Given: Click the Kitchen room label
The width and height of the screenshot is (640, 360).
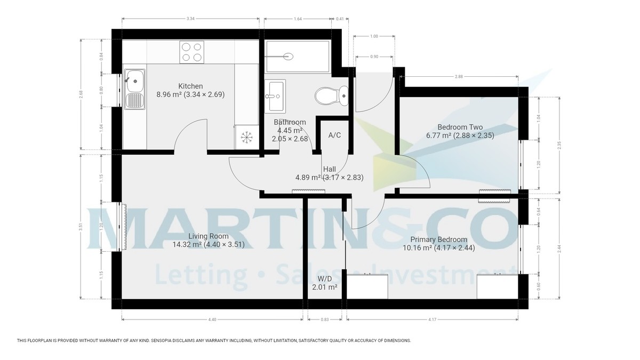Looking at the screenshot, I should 190,86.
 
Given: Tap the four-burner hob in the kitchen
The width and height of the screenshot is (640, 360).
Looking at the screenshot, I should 191,52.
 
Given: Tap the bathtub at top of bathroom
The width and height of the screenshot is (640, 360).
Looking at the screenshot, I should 297,55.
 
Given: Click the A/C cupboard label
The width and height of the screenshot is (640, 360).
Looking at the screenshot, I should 334,135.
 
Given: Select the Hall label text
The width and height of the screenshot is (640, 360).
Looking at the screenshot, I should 329,169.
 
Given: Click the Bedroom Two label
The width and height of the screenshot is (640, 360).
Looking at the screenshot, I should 460,127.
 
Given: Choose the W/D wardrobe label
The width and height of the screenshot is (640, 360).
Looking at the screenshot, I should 324,279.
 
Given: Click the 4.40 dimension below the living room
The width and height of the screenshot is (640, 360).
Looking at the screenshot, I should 212,319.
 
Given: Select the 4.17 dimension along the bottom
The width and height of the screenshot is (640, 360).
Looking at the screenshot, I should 433,319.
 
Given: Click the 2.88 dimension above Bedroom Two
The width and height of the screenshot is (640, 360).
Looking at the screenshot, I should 459,77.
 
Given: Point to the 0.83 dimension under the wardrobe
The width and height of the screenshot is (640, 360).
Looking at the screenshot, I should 324,319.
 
